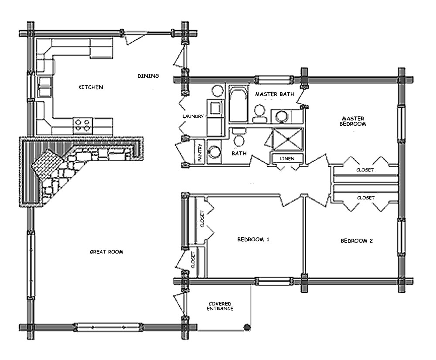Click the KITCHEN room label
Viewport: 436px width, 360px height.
click(91, 87)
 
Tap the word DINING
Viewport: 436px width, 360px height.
click(148, 76)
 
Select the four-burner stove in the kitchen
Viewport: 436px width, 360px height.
click(83, 125)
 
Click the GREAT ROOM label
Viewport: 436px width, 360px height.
click(106, 252)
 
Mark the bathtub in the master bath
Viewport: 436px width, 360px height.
click(238, 105)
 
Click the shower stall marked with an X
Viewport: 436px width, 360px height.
click(287, 138)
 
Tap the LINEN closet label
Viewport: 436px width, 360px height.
click(286, 158)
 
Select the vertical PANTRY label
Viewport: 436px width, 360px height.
click(200, 153)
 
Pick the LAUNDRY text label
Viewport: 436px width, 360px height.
click(193, 117)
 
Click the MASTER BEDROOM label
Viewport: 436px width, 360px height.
click(353, 121)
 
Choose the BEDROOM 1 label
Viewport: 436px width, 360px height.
click(253, 240)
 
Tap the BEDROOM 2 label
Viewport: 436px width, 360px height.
click(357, 241)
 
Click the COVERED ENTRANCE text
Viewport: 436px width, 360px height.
click(220, 306)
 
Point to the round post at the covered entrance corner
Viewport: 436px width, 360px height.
click(247, 326)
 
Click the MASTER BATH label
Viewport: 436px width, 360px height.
click(275, 94)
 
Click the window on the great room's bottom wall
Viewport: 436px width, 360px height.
click(108, 326)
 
